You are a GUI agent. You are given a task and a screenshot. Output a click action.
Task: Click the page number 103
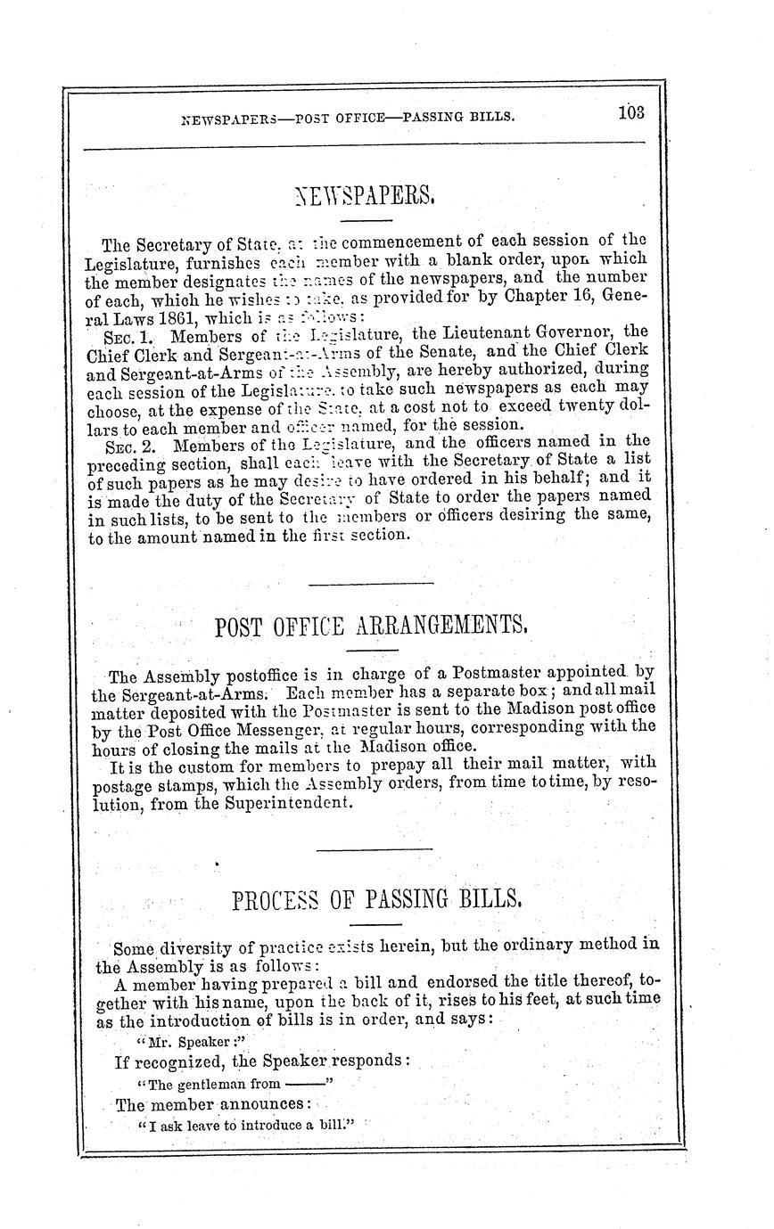[x=630, y=113]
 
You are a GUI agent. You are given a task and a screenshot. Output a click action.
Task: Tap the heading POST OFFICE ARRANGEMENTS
[x=372, y=627]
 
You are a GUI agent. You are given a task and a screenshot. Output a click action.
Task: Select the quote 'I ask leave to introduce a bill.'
[x=247, y=1126]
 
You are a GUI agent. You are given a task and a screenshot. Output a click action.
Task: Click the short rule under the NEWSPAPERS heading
[x=366, y=219]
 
